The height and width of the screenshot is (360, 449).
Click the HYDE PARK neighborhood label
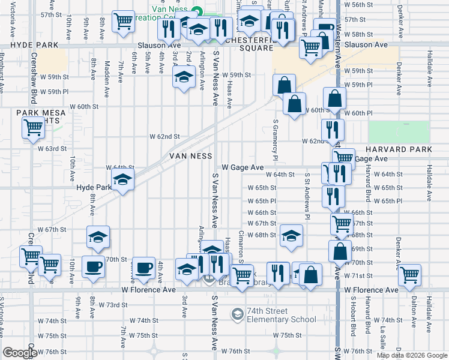(x=29, y=45)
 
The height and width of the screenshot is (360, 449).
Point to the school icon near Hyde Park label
(x=122, y=181)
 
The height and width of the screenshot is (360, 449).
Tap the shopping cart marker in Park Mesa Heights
(x=33, y=128)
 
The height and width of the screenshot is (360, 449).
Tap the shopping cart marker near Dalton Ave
(x=409, y=275)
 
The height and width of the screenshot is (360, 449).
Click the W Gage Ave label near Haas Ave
(x=243, y=167)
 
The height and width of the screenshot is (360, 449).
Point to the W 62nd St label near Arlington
(x=165, y=137)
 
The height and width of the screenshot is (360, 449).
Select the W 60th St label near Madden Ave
(x=84, y=106)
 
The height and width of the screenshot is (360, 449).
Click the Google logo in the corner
(x=20, y=353)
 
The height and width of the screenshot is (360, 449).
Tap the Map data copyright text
(x=412, y=355)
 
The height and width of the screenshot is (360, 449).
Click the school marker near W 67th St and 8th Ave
(x=98, y=237)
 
